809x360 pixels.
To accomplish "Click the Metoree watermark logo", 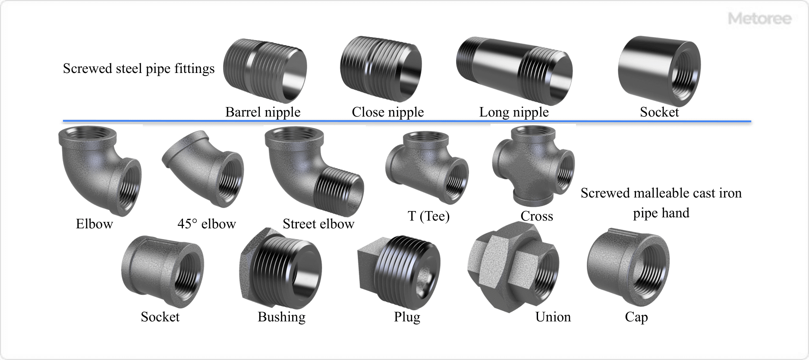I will [x=759, y=19].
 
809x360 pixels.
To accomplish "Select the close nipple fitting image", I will [x=381, y=69].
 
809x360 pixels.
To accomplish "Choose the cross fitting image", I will [x=533, y=166].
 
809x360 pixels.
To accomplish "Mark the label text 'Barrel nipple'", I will [x=263, y=112].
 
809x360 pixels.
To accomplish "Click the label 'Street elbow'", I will [x=318, y=224].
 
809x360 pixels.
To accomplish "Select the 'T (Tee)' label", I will [x=428, y=216].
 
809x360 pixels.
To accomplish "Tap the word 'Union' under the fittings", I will [x=553, y=317].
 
